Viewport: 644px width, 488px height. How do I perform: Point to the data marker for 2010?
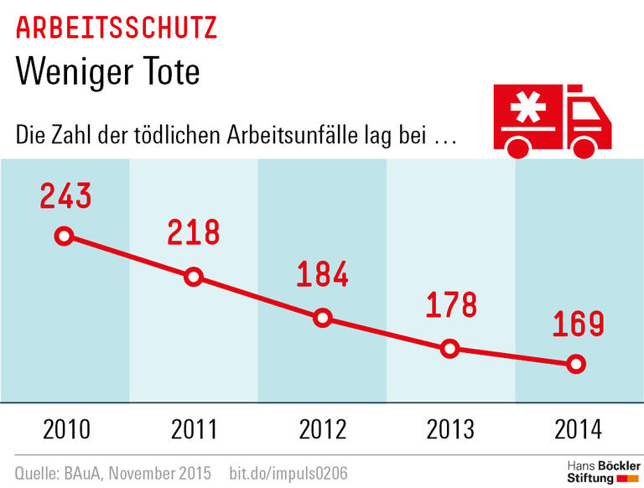[65, 236]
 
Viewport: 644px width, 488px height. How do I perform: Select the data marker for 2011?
[194, 277]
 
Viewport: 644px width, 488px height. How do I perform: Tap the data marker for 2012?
[323, 318]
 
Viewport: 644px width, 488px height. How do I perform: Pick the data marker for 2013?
[450, 348]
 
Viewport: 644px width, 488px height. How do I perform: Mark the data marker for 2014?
[575, 364]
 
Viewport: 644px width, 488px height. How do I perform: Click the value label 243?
[65, 195]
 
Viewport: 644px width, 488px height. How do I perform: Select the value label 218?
[193, 232]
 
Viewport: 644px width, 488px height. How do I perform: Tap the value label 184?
[322, 275]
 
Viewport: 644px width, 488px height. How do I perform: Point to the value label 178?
[450, 305]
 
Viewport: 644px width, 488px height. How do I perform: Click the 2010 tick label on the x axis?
[65, 430]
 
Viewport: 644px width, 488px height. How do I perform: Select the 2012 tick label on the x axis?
[322, 430]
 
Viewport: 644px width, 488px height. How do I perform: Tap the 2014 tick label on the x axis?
[579, 430]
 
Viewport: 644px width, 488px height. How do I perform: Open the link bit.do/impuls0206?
[288, 473]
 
